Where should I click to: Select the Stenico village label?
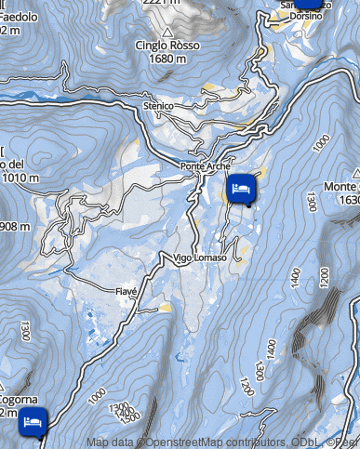(x=159, y=107)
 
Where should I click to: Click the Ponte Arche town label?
(x=204, y=166)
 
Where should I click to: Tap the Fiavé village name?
(x=126, y=291)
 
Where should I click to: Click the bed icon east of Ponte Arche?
(x=241, y=189)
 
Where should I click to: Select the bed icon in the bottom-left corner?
(x=33, y=421)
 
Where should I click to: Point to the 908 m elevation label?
(x=14, y=227)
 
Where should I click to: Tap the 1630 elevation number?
(x=349, y=200)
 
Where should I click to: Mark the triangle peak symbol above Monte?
(x=356, y=173)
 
